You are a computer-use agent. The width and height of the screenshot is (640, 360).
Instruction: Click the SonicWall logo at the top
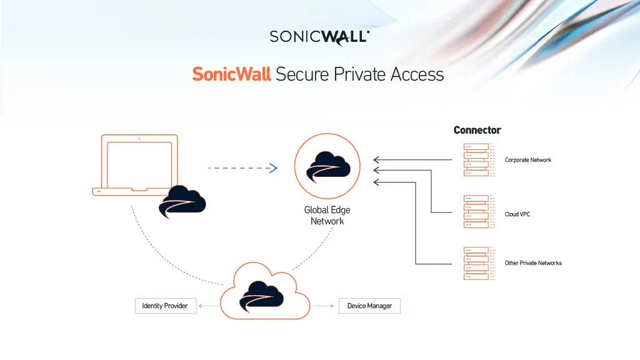click(x=319, y=36)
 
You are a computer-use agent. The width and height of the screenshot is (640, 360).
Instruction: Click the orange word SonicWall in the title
click(x=231, y=74)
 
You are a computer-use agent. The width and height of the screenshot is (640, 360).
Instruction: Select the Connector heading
click(x=477, y=130)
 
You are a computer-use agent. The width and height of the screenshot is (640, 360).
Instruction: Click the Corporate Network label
click(x=528, y=160)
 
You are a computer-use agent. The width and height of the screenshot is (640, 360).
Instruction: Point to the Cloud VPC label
click(x=517, y=214)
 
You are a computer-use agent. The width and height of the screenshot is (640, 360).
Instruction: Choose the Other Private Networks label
click(x=533, y=263)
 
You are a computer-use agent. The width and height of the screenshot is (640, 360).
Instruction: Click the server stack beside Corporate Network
click(x=476, y=160)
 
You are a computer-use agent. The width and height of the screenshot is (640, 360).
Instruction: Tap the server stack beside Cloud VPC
click(x=476, y=211)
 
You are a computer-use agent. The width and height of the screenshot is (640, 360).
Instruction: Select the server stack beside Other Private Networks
click(x=476, y=263)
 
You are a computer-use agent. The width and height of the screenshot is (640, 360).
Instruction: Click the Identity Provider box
click(x=165, y=306)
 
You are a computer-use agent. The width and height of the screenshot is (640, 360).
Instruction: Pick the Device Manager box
click(x=369, y=306)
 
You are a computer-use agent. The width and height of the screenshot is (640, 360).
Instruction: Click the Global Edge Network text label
click(x=327, y=216)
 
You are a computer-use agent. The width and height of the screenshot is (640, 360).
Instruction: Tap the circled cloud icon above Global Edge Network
click(x=328, y=166)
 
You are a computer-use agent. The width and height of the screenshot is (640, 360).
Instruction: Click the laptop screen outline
click(x=139, y=164)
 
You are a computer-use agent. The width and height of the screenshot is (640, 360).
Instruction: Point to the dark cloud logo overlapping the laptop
click(x=182, y=202)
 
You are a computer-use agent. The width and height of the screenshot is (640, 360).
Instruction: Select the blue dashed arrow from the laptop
click(x=242, y=167)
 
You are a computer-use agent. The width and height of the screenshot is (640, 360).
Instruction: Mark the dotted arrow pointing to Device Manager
click(x=323, y=306)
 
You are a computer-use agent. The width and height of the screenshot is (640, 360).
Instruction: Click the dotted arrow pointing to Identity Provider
click(x=209, y=306)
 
